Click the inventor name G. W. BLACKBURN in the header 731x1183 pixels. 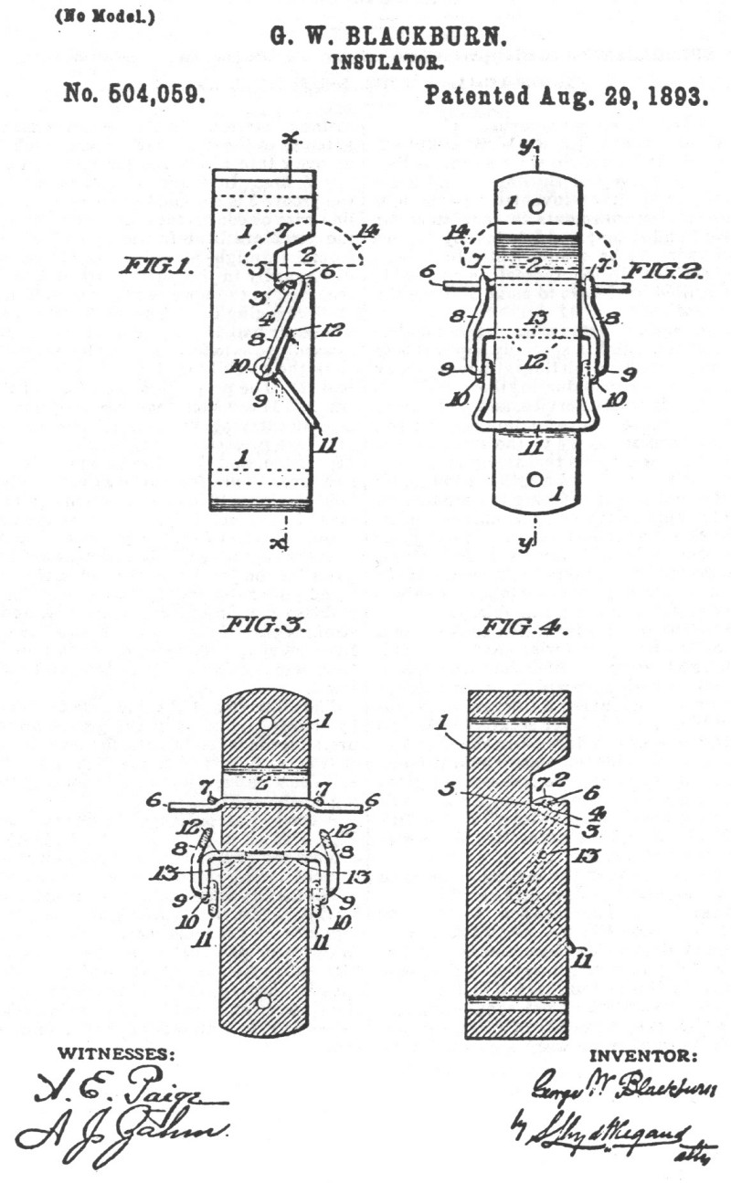pos(387,37)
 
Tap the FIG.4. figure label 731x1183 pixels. pos(522,629)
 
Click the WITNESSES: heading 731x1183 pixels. pos(113,1053)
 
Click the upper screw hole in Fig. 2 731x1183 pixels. pos(536,206)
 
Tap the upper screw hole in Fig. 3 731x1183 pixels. pos(265,724)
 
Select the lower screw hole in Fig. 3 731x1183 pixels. pos(263,1001)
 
